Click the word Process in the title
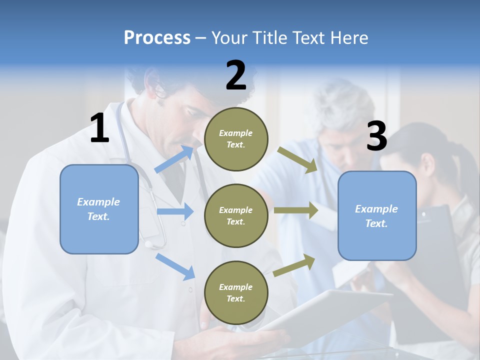[x=157, y=37]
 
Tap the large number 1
[x=99, y=128]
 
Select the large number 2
[x=236, y=75]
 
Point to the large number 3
[x=376, y=136]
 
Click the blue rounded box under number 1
[x=99, y=209]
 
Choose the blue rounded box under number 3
[x=377, y=215]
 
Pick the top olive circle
[x=236, y=138]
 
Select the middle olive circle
[x=236, y=215]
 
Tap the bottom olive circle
[x=236, y=292]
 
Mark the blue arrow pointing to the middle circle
[x=175, y=211]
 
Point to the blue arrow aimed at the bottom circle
[x=175, y=266]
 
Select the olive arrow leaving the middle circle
[x=296, y=210]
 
